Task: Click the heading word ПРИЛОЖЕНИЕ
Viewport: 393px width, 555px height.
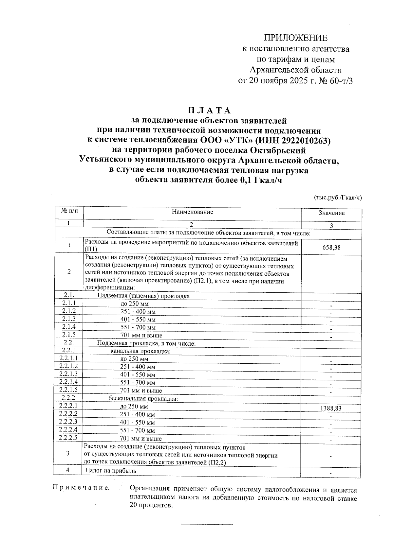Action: click(x=296, y=38)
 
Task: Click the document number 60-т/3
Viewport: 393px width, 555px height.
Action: click(x=342, y=81)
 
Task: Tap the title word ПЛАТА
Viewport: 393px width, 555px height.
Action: click(x=209, y=110)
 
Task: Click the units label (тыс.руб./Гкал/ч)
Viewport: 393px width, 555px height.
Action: click(x=338, y=198)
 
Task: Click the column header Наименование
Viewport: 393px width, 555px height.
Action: click(x=192, y=212)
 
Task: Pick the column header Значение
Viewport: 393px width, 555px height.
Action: click(x=331, y=213)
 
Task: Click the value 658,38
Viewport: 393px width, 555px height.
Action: click(x=331, y=248)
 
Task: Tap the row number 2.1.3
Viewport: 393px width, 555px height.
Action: click(x=69, y=319)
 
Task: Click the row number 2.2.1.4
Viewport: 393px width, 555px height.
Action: click(x=69, y=382)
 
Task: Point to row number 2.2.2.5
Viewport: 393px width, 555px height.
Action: click(x=68, y=437)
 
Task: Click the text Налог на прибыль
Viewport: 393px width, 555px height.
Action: click(x=111, y=471)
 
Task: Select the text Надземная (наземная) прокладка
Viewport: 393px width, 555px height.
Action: click(x=144, y=296)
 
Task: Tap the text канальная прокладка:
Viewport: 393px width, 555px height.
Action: click(x=141, y=351)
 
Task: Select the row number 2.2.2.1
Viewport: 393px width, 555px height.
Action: click(x=68, y=406)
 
